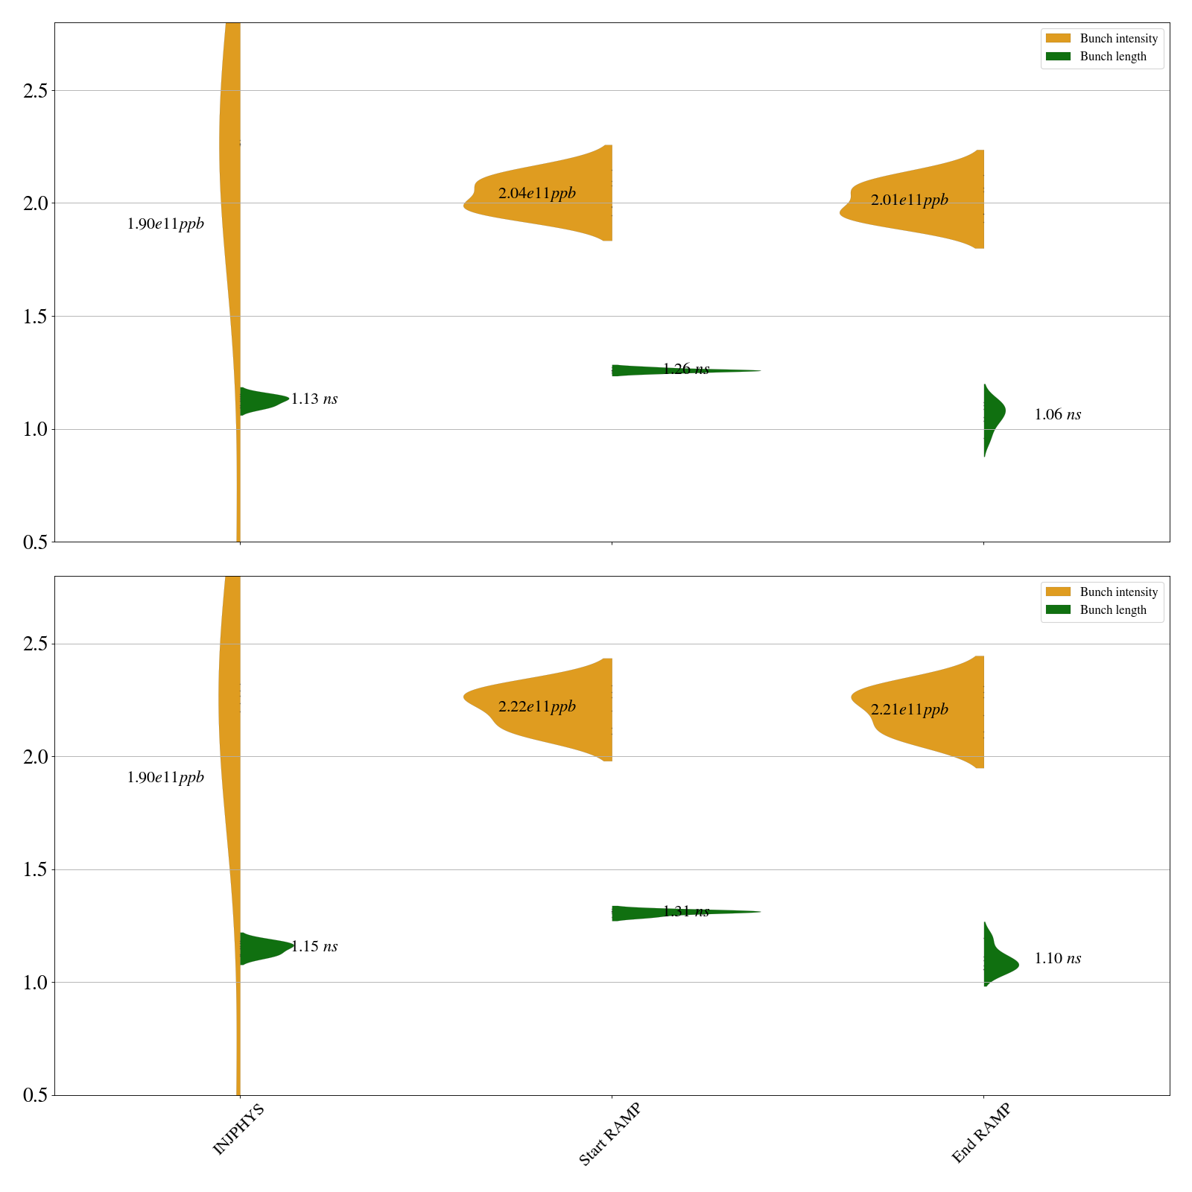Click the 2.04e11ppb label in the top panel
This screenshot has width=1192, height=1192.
point(536,194)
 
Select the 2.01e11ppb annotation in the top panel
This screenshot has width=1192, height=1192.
point(909,200)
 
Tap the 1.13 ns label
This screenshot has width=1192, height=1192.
point(314,399)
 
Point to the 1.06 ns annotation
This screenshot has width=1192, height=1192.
point(1057,415)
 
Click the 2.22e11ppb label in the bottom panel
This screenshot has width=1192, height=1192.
point(536,707)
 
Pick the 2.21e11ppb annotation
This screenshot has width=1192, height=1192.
point(909,710)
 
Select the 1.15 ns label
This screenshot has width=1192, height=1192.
point(314,947)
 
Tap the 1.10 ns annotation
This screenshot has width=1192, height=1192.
point(1057,959)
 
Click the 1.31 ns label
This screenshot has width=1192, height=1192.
point(685,912)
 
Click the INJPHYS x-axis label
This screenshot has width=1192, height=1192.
point(238,1130)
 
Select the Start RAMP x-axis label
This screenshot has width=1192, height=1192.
point(610,1135)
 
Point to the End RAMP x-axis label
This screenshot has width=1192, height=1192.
point(982,1133)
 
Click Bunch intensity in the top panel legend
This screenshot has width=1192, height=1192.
point(1118,39)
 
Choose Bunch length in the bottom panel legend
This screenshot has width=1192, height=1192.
point(1113,610)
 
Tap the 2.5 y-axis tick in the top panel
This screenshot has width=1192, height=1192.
point(35,91)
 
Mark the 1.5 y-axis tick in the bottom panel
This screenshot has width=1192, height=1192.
point(35,870)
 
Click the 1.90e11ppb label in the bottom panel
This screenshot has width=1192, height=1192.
point(165,778)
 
